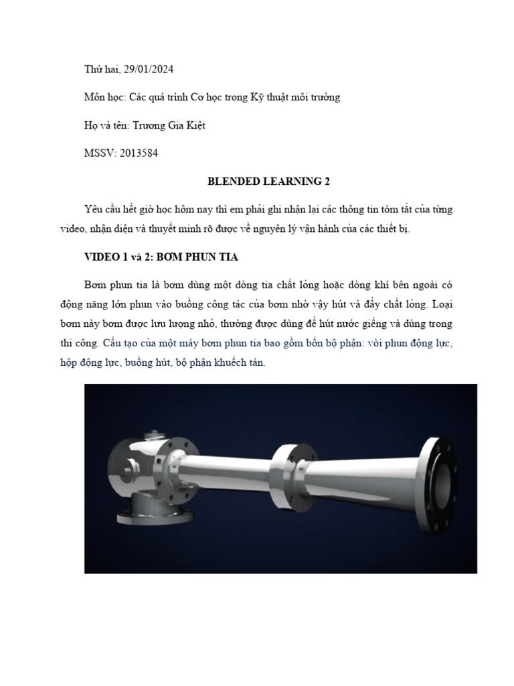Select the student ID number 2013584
point(136,153)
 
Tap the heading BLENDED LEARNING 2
point(269,182)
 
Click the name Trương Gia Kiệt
point(167,125)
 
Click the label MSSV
point(97,153)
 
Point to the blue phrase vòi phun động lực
point(414,343)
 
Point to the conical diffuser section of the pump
point(361,477)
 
